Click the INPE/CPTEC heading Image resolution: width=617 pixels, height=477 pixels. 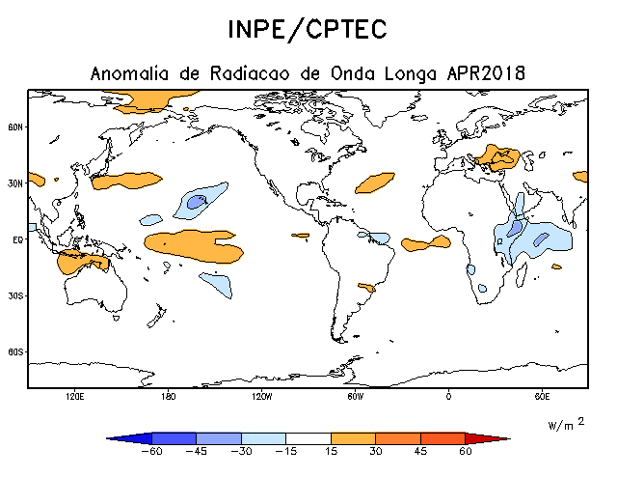(x=308, y=29)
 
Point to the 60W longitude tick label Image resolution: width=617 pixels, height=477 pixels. (x=355, y=397)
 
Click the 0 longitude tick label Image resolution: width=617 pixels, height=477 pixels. (x=448, y=397)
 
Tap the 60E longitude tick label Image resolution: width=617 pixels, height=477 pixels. (x=542, y=397)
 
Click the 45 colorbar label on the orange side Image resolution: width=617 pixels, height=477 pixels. (x=420, y=450)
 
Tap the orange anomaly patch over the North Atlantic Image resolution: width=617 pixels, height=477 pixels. (x=375, y=181)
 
